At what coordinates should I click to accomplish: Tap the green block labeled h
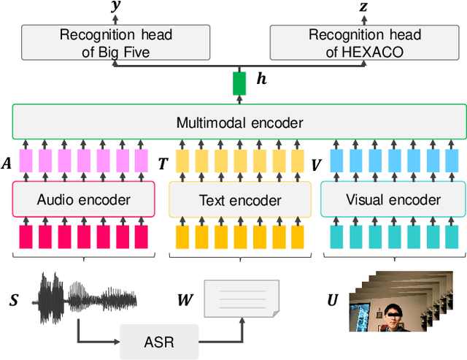click(239, 84)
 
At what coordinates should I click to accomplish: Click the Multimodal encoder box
click(239, 123)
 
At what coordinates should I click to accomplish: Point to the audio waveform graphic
click(88, 299)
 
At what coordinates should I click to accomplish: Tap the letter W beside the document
click(185, 300)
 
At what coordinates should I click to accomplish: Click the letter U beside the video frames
click(332, 300)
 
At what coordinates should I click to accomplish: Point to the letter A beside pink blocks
click(7, 164)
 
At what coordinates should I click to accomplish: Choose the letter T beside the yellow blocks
click(163, 164)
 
